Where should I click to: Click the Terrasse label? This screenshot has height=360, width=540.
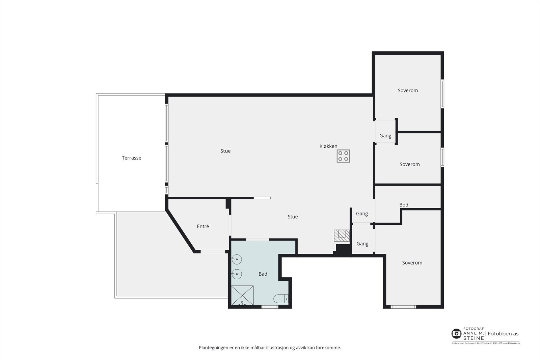coord(131,158)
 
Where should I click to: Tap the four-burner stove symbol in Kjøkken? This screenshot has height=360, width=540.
coord(343,156)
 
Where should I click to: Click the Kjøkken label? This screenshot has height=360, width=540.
coord(328,146)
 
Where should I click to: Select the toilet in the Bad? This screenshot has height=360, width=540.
coord(281,299)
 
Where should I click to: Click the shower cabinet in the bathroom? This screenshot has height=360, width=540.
coord(242,296)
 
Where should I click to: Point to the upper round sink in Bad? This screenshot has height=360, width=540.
coord(237,259)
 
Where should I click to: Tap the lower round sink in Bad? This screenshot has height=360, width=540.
coord(237,274)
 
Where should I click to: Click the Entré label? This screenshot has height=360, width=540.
coord(203,226)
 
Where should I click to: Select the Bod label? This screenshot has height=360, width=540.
coord(404,205)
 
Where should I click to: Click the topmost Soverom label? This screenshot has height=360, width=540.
coord(408,90)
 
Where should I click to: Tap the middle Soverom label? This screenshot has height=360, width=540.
coord(409,164)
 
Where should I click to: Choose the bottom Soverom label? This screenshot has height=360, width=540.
coord(412,262)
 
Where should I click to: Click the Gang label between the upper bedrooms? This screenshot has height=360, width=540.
coord(385,136)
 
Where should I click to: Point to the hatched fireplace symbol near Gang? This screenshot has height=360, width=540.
coord(342,235)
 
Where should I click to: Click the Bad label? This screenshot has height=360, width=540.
coord(263,274)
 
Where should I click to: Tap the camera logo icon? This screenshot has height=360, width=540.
coord(456,334)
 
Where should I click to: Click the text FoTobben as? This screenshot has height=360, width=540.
coord(503,334)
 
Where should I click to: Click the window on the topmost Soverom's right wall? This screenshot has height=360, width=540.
coord(442,94)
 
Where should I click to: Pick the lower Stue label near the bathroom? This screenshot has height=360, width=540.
coord(293,217)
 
